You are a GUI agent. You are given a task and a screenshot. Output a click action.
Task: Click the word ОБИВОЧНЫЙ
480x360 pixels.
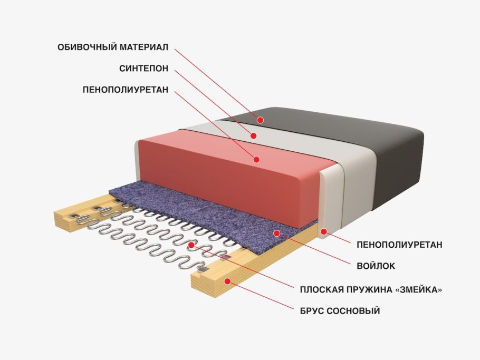(x=87, y=47)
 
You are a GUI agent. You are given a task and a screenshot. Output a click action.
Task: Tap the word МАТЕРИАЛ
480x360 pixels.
(x=144, y=47)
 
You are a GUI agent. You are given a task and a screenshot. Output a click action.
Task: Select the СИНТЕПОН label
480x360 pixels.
(x=143, y=69)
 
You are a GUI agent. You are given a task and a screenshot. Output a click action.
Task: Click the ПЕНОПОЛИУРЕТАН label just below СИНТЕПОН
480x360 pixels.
(x=126, y=90)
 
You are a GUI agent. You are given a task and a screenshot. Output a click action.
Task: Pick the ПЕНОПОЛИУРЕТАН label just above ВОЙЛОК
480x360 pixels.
(x=399, y=245)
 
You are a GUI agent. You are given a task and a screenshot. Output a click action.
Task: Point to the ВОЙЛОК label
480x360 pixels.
(x=376, y=266)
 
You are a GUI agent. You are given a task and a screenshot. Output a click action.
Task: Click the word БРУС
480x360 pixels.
(x=312, y=311)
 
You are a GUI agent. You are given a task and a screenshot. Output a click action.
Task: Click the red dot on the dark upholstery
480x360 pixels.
(x=260, y=120)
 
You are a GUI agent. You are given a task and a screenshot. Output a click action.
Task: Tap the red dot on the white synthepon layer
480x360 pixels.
(x=253, y=135)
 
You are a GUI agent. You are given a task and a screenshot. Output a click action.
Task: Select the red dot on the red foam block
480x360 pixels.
(x=256, y=159)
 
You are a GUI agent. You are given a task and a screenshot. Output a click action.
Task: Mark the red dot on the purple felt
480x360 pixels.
(x=277, y=233)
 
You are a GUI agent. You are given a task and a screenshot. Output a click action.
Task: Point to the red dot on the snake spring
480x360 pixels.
(x=191, y=245)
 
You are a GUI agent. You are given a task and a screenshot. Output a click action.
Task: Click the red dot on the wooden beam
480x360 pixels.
(x=227, y=281)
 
